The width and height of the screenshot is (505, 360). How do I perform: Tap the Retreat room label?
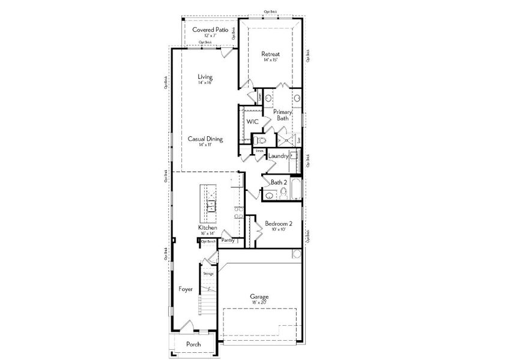(271, 54)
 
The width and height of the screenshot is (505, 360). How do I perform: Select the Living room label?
(205, 77)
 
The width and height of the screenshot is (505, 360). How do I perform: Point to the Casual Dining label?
(205, 139)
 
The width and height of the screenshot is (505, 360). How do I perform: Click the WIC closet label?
(252, 121)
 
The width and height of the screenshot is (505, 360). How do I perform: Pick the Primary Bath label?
(282, 115)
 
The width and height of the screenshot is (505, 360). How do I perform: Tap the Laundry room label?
(279, 156)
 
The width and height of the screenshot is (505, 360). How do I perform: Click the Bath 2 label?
(278, 182)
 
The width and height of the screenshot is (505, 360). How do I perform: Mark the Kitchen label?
(208, 228)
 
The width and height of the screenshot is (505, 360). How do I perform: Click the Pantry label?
(228, 240)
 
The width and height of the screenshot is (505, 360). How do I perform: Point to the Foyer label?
(186, 289)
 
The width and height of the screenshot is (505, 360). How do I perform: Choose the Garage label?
(259, 297)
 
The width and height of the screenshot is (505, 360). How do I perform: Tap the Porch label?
(193, 344)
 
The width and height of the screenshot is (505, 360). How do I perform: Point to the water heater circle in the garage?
(297, 254)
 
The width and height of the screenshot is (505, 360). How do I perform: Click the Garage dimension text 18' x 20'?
(259, 304)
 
